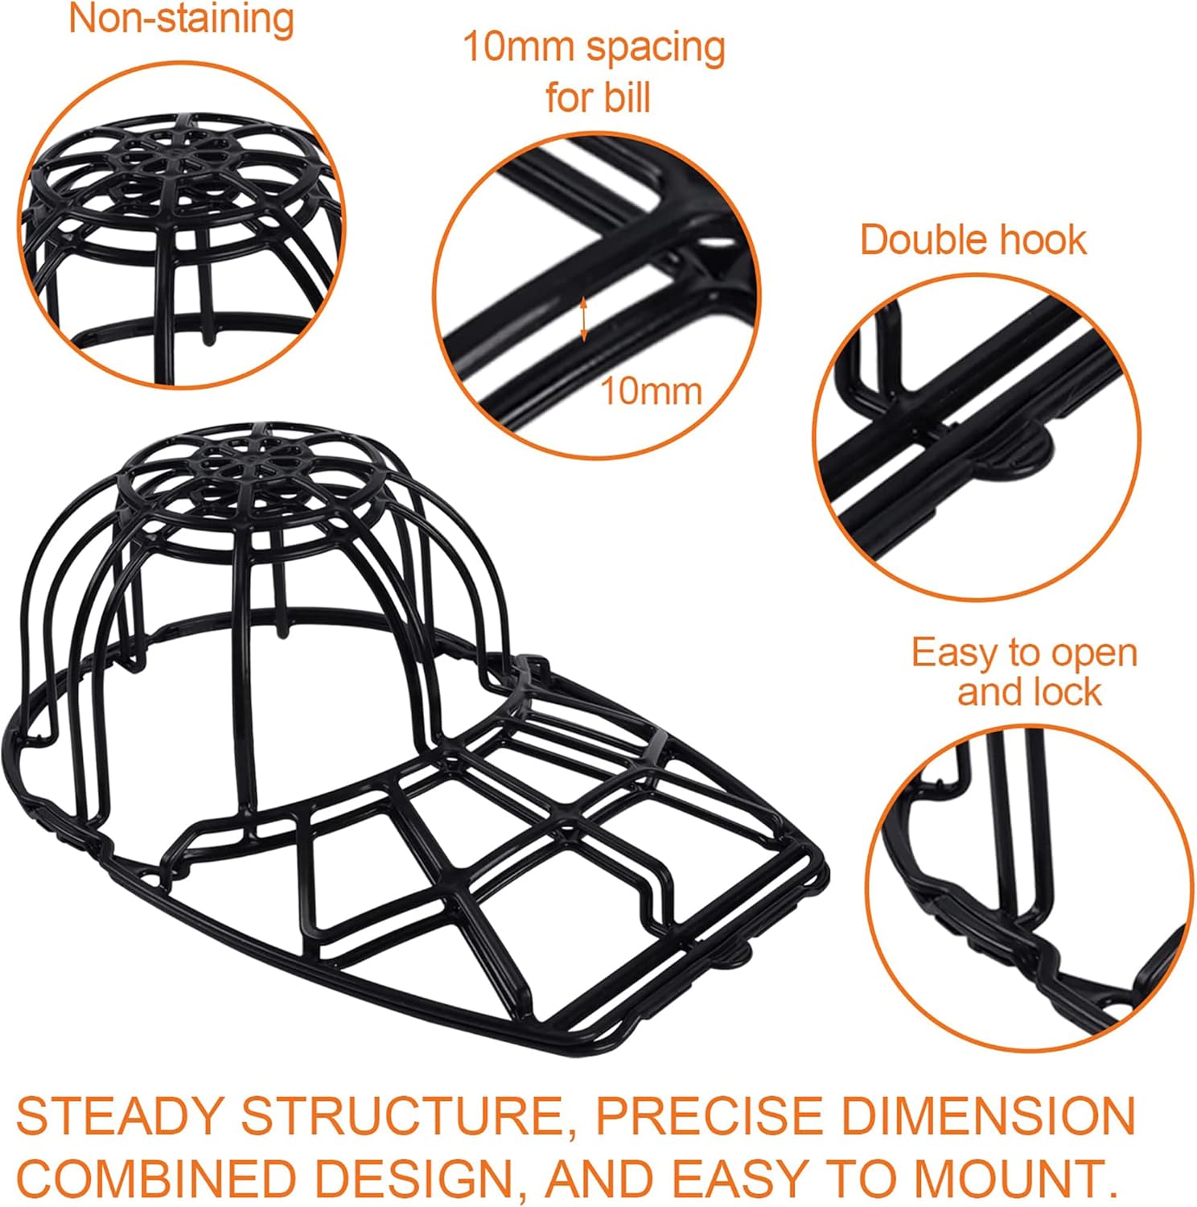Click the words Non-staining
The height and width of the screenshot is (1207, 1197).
click(x=181, y=19)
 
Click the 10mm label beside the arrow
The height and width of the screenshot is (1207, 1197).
click(x=652, y=392)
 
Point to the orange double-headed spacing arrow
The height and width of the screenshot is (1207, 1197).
click(x=585, y=319)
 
